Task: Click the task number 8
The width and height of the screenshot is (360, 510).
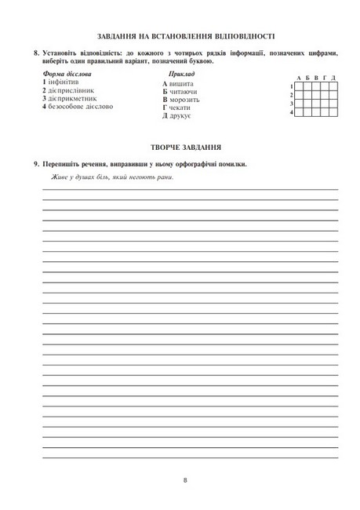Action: [x=36, y=53]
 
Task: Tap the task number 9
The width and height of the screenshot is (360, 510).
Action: [x=36, y=164]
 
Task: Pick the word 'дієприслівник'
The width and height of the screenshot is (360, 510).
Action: [x=71, y=90]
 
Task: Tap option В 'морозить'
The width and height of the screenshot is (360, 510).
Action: [x=185, y=100]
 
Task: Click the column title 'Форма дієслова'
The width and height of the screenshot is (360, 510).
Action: [x=67, y=74]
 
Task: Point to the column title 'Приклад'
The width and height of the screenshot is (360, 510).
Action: [x=181, y=74]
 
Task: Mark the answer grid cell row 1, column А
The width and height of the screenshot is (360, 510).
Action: [x=300, y=86]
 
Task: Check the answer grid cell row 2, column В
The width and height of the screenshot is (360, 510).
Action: [x=316, y=95]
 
